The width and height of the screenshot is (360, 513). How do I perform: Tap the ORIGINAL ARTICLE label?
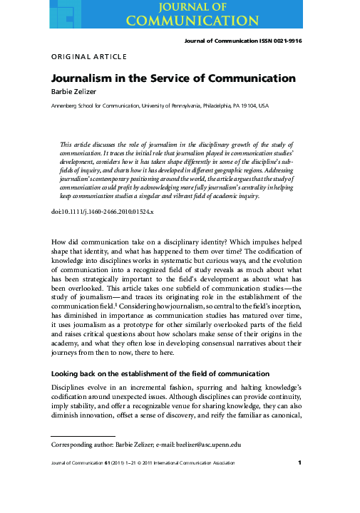pyautogui.click(x=88, y=56)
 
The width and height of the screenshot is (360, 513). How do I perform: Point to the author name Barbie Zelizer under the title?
pyautogui.click(x=75, y=91)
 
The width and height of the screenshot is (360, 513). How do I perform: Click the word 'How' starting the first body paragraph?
pyautogui.click(x=60, y=223)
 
